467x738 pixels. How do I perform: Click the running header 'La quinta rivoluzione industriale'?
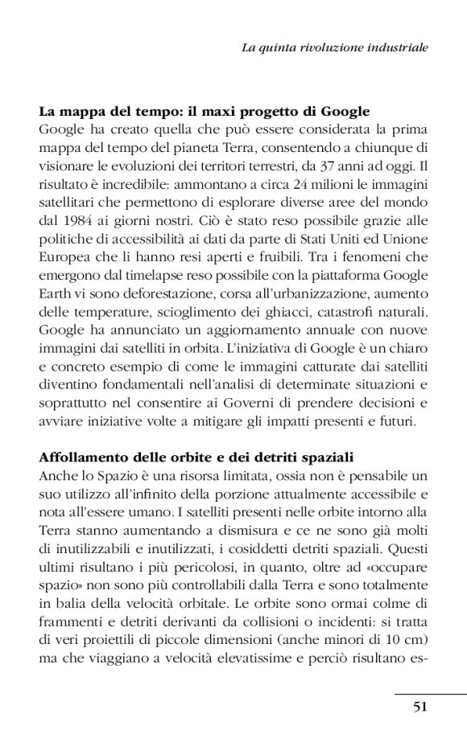(x=335, y=48)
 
